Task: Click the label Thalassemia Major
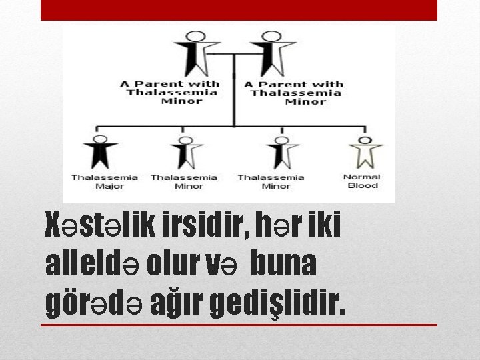click(105, 181)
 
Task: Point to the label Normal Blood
click(362, 181)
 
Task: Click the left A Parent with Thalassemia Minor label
click(170, 93)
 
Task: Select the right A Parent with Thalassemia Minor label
click(294, 93)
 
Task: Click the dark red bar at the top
click(239, 10)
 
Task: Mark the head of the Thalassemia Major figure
click(100, 139)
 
